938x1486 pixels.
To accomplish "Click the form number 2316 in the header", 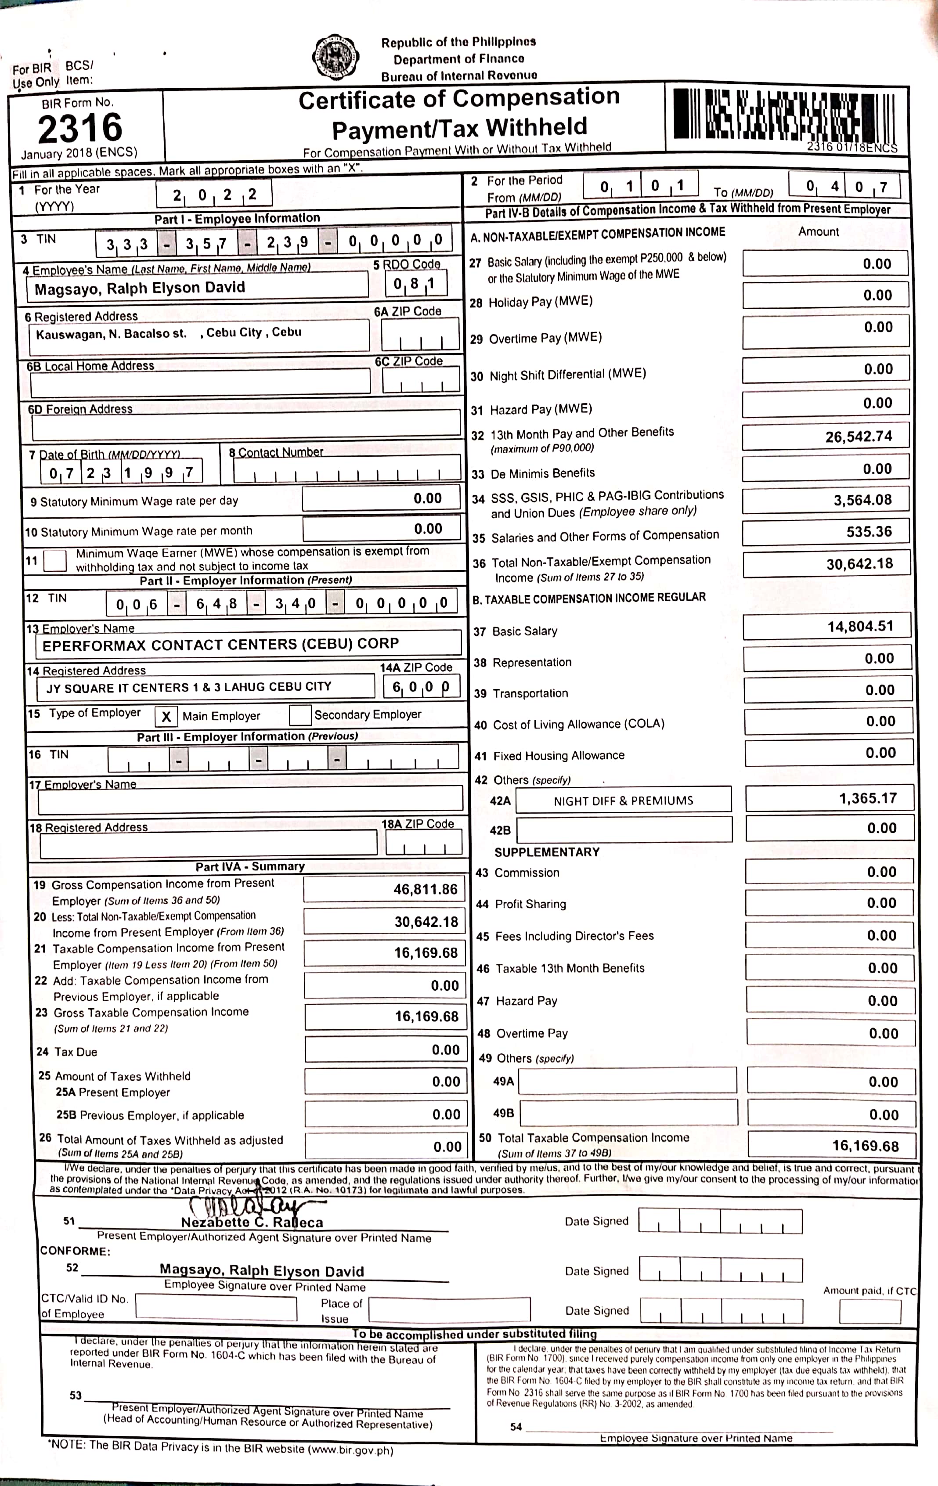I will (80, 128).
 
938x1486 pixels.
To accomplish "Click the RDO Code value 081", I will (415, 284).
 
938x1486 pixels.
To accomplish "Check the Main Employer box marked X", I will (166, 716).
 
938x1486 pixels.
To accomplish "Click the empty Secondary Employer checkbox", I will (300, 714).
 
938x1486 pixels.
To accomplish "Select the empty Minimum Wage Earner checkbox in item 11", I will (55, 560).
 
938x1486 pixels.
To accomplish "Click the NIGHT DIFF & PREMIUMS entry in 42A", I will (623, 801).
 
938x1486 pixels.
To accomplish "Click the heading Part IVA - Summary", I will (250, 866).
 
